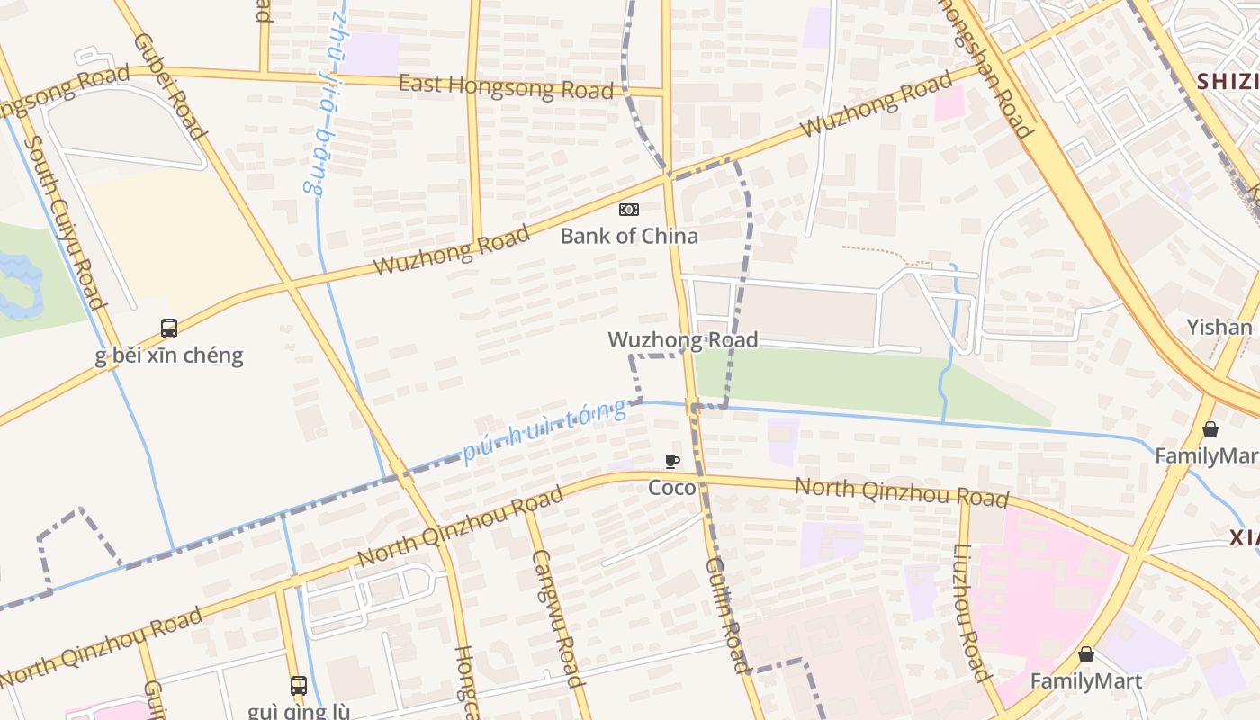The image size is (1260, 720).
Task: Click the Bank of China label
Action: [629, 236]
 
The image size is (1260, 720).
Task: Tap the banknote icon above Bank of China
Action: [629, 210]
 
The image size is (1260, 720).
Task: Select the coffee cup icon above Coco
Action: [672, 462]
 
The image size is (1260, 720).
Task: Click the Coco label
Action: [672, 488]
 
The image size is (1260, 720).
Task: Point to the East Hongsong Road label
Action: [507, 86]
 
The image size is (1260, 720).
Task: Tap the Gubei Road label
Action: [170, 86]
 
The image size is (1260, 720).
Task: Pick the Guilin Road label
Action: [725, 614]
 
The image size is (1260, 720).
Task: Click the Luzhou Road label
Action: [972, 612]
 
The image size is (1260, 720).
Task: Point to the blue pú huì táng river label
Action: [544, 430]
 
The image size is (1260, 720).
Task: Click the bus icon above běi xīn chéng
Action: [169, 328]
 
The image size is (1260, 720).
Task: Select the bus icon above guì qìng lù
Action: [299, 686]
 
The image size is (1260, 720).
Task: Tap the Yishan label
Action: [1219, 327]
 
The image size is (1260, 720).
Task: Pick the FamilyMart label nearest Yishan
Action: [1206, 455]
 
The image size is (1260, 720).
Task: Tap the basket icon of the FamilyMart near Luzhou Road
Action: [1086, 654]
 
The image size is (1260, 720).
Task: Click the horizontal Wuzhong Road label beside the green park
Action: [683, 339]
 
